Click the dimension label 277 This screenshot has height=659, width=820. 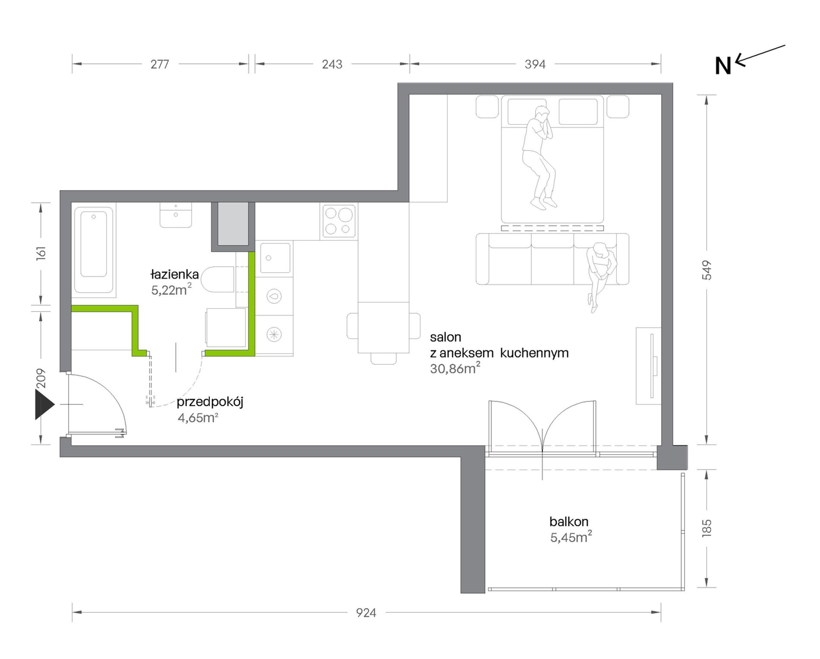(160, 64)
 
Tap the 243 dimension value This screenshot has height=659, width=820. (332, 64)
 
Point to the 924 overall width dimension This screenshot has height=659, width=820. (366, 613)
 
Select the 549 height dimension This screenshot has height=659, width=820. (707, 270)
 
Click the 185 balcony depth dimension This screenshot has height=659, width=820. (707, 528)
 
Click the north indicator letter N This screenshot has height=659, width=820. (723, 66)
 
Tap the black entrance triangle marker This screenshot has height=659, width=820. (44, 404)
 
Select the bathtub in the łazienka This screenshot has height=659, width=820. (94, 250)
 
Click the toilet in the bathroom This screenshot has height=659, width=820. (218, 279)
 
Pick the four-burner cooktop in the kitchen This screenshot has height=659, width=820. (339, 221)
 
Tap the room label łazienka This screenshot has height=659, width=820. (175, 274)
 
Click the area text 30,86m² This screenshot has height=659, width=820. (455, 369)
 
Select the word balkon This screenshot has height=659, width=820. (569, 522)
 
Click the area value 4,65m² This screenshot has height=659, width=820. (198, 418)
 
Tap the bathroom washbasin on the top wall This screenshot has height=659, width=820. (176, 215)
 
